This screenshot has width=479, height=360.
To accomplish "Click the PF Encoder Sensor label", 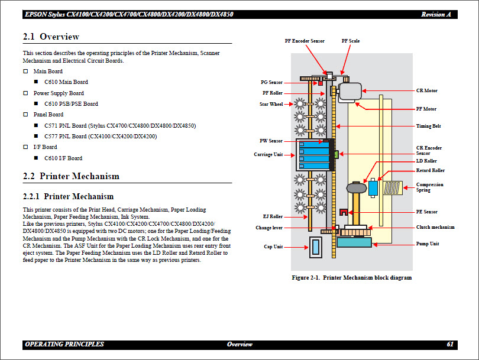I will point(305,41).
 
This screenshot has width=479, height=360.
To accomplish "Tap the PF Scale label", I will point(351,41).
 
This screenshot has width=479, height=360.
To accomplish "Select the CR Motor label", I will point(427,91).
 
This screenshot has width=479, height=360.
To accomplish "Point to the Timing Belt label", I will point(429,127).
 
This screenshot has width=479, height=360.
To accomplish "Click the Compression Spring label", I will point(429,187).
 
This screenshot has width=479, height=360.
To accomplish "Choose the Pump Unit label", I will point(428,244).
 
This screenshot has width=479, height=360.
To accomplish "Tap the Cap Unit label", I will point(273,247).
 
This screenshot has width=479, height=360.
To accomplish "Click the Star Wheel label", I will point(271,105).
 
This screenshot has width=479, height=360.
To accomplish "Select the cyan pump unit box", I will point(354,242).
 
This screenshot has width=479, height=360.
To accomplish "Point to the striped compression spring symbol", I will point(393,189).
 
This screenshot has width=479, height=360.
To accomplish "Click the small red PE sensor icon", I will point(344,212).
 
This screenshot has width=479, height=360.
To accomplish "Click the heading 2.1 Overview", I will point(51,37).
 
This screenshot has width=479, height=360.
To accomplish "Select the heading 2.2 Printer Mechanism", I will point(71,176).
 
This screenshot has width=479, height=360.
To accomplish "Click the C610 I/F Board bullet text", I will point(63,158).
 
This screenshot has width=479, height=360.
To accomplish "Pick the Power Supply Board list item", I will point(59,93).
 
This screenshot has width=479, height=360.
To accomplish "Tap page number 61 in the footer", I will point(450,344).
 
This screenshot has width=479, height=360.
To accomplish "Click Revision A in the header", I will point(437,14).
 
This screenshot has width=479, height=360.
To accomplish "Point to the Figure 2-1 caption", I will point(352,278).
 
